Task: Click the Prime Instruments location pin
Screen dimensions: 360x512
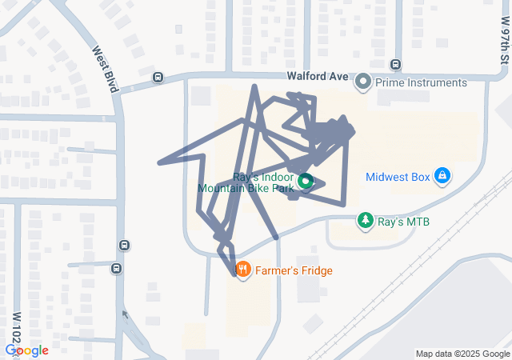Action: (x=364, y=82)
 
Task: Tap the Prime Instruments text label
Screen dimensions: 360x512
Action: (x=422, y=82)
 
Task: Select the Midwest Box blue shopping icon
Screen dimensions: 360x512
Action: (x=442, y=175)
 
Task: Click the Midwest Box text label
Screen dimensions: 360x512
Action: (x=398, y=177)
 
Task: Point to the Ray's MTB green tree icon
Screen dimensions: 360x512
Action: (x=366, y=219)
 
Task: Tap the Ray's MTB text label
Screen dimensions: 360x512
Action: (x=403, y=220)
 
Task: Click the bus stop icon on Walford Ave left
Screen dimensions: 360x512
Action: (x=158, y=78)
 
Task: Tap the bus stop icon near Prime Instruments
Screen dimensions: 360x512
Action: (x=395, y=64)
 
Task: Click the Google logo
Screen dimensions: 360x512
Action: (x=26, y=350)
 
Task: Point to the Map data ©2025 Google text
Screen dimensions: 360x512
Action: (x=462, y=354)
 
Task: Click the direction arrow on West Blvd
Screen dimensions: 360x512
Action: (x=123, y=314)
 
